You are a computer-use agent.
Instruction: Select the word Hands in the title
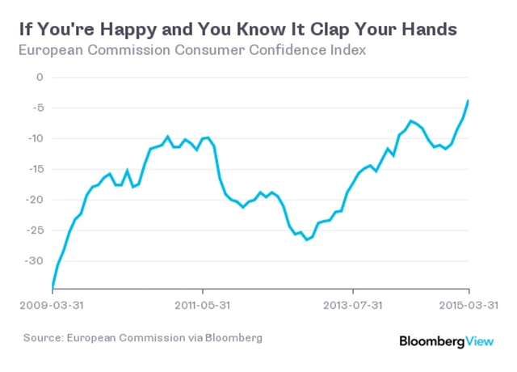tap(429, 30)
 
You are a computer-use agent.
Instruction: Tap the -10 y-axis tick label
tap(34, 138)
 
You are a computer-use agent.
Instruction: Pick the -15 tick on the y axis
tap(34, 169)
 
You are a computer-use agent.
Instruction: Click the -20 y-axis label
tap(34, 200)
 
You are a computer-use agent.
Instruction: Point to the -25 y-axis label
tap(34, 230)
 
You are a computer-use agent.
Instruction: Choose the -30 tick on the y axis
tap(34, 261)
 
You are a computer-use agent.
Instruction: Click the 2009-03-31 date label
tap(52, 306)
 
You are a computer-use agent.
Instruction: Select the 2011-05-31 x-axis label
tap(203, 306)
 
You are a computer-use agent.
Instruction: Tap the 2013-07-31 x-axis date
tap(353, 306)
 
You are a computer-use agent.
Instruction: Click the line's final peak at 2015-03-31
tap(469, 100)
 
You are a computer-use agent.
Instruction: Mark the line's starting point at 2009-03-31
tap(53, 285)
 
